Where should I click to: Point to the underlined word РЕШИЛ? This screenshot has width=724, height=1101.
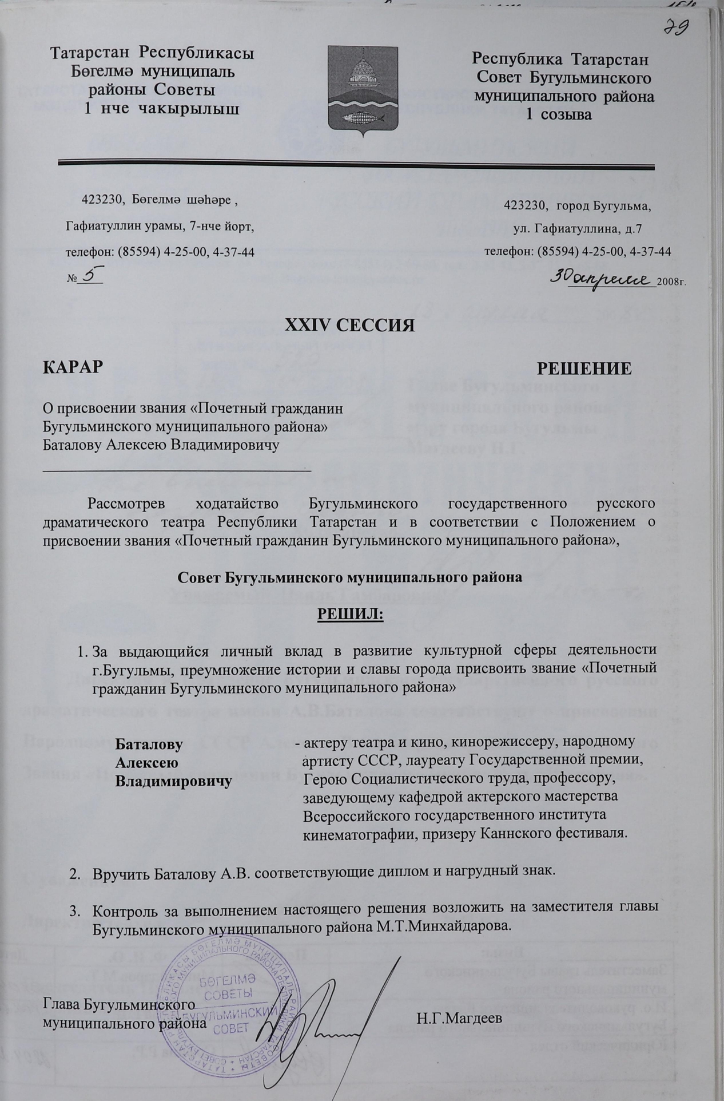point(350,615)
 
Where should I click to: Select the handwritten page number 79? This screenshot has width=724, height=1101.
point(675,26)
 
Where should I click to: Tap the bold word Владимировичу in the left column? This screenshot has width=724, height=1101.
point(174,782)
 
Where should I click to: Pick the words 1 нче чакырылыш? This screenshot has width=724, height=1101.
point(162,108)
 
